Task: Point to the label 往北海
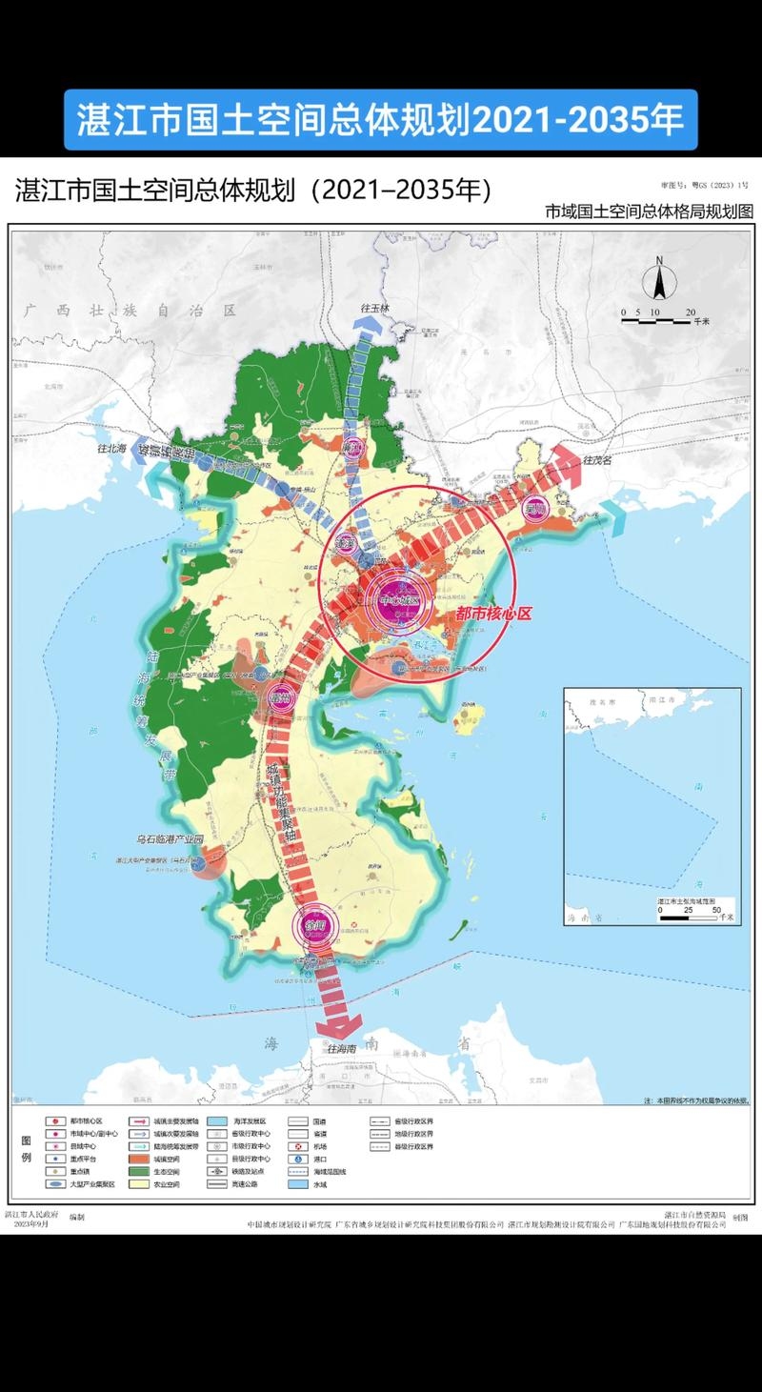(x=111, y=447)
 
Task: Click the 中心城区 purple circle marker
(x=397, y=601)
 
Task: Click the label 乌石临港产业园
(x=170, y=840)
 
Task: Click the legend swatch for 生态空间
(x=138, y=1171)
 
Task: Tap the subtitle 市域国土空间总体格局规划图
(x=649, y=211)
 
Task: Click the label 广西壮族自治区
(x=130, y=311)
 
